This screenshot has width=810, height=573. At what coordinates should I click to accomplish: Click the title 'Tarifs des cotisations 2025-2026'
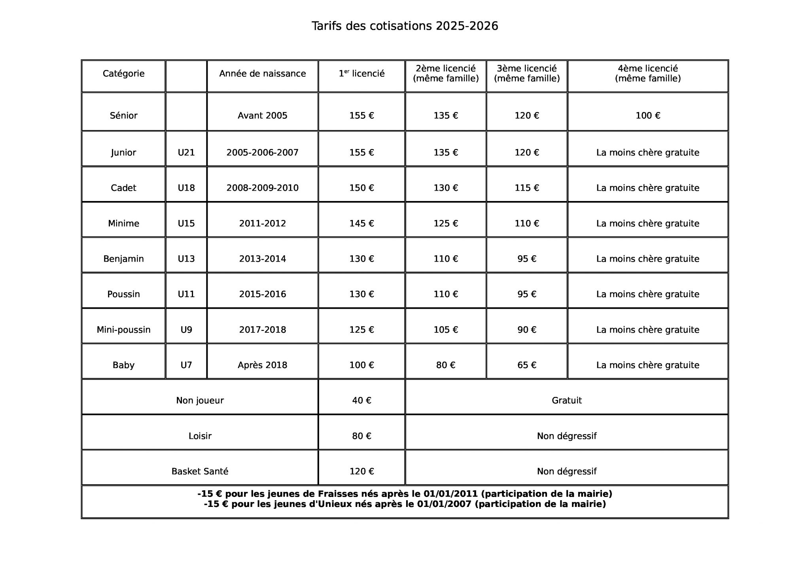405,26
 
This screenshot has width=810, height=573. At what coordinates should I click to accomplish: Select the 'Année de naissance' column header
262,74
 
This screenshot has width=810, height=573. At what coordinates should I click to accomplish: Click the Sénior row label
123,116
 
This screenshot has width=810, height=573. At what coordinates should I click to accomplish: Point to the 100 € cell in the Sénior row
647,116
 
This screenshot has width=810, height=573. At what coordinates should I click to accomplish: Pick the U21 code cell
186,153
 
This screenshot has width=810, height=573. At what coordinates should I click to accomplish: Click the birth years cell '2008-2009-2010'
262,188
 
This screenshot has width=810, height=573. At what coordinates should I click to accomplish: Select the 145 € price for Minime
361,224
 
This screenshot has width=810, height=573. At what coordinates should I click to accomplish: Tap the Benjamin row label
123,259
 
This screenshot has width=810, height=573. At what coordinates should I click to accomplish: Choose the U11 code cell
186,294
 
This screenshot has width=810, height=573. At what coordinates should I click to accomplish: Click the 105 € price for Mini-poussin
445,330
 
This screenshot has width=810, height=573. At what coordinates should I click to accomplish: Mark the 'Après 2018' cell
262,365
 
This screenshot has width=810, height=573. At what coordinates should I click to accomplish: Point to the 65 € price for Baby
526,365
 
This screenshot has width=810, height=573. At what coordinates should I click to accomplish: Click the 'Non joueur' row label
200,400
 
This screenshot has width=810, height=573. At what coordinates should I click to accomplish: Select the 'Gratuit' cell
566,400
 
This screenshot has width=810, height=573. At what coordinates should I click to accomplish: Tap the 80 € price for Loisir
361,436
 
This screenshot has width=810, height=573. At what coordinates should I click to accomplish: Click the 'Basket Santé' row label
200,471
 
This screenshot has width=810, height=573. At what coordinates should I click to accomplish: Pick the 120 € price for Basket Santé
361,471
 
